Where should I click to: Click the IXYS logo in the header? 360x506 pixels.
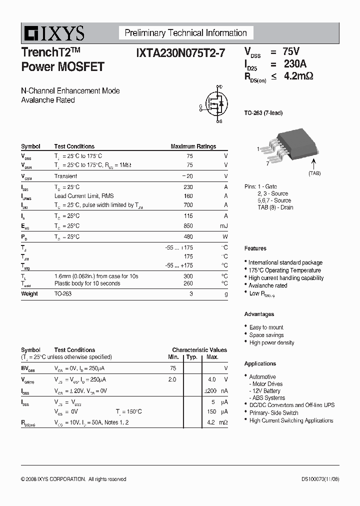(x=53, y=33)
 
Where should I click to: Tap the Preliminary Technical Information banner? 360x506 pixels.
(x=185, y=33)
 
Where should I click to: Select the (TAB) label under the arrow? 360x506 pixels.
(x=314, y=173)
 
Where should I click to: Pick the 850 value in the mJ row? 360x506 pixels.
(x=187, y=226)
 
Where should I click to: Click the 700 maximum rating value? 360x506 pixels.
(x=187, y=205)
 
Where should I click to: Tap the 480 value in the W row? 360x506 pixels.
(x=187, y=236)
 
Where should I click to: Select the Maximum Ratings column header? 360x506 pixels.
(x=193, y=146)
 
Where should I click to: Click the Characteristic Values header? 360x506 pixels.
(x=199, y=350)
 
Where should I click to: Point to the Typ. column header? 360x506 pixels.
(x=192, y=357)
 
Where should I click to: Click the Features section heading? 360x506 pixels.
(x=255, y=248)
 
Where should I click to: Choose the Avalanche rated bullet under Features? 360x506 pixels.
(x=268, y=285)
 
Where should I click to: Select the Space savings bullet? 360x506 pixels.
(x=266, y=335)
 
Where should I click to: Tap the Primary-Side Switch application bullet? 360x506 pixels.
(x=274, y=413)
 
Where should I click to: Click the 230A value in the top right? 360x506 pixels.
(x=295, y=64)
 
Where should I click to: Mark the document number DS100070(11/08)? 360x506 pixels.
(x=320, y=479)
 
